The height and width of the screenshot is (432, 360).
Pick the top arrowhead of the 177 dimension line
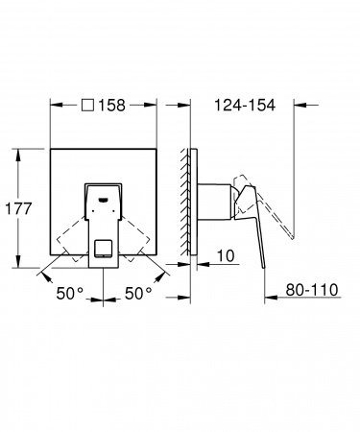[19, 152]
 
